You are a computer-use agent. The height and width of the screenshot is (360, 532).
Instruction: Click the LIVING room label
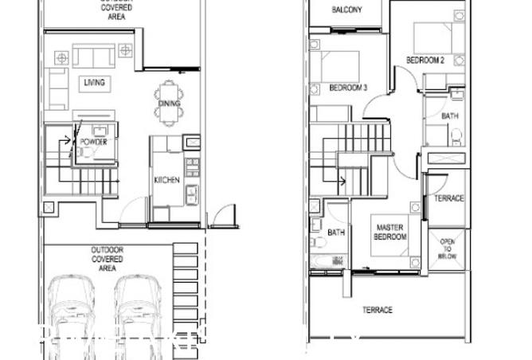(94, 82)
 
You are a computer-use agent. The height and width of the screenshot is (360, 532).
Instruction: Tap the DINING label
(169, 104)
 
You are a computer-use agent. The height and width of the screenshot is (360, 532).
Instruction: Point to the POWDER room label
(92, 142)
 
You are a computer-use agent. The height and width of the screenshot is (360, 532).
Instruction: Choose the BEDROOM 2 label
(424, 60)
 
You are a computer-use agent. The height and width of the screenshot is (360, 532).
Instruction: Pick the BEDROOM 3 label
(347, 88)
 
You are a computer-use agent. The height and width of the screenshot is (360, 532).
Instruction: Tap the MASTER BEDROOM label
(389, 232)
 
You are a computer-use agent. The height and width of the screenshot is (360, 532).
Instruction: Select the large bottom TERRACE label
(377, 310)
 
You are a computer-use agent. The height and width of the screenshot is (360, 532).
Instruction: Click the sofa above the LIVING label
(94, 57)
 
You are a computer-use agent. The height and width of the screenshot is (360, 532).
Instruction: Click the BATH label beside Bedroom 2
(450, 116)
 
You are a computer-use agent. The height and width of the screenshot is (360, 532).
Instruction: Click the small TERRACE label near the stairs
(448, 198)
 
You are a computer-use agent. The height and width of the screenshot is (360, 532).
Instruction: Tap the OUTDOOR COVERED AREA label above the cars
(107, 258)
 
